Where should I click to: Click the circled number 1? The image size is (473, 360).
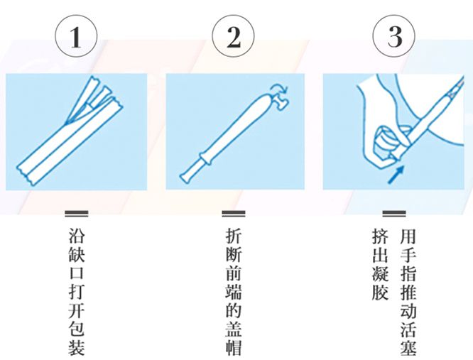(76, 37)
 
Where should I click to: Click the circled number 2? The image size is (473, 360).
(233, 37)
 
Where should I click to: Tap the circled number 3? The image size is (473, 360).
(394, 37)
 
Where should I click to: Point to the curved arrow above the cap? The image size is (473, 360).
(279, 88)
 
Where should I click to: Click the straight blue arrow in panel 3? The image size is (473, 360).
(396, 175)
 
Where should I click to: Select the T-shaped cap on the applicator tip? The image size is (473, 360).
(280, 101)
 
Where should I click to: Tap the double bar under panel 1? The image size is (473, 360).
(77, 214)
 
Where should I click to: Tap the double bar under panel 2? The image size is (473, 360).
(234, 214)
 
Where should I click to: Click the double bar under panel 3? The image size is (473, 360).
(394, 214)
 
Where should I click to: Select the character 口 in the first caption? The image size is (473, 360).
(77, 273)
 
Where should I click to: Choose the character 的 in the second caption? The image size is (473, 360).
(234, 310)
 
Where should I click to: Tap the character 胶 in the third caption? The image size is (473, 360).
(380, 292)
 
